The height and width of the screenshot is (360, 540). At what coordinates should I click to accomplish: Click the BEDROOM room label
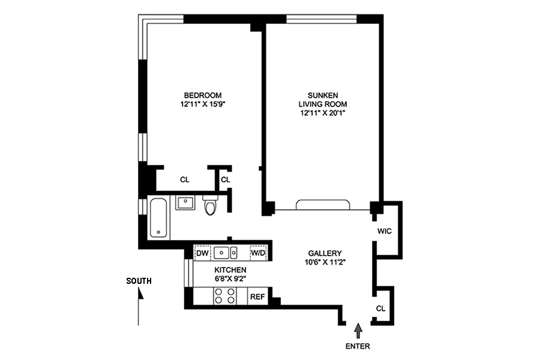(x=202, y=95)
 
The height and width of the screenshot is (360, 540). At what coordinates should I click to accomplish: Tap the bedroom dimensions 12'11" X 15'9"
(x=202, y=104)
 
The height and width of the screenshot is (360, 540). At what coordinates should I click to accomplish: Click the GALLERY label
(x=325, y=253)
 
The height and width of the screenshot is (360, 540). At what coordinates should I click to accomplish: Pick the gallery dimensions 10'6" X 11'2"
(x=325, y=262)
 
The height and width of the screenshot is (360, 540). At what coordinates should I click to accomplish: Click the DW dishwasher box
(x=202, y=253)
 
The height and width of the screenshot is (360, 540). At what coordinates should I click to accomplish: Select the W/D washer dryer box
(x=258, y=253)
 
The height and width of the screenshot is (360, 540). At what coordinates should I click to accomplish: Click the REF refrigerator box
(x=257, y=296)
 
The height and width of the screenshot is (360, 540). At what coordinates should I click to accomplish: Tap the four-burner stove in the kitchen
(x=225, y=296)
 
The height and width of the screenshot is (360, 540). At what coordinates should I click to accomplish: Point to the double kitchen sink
(x=227, y=253)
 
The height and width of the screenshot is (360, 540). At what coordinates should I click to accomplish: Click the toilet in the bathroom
(x=210, y=205)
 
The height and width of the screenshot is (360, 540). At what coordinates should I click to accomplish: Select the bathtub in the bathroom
(x=159, y=217)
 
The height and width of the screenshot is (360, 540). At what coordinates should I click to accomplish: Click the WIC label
(x=385, y=231)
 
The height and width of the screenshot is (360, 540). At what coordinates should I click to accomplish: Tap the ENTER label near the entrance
(x=358, y=346)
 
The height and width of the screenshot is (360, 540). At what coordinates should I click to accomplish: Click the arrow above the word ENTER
(x=359, y=329)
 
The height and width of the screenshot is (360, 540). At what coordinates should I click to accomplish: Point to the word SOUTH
(x=139, y=281)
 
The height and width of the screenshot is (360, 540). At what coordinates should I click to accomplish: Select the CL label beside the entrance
(x=381, y=308)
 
